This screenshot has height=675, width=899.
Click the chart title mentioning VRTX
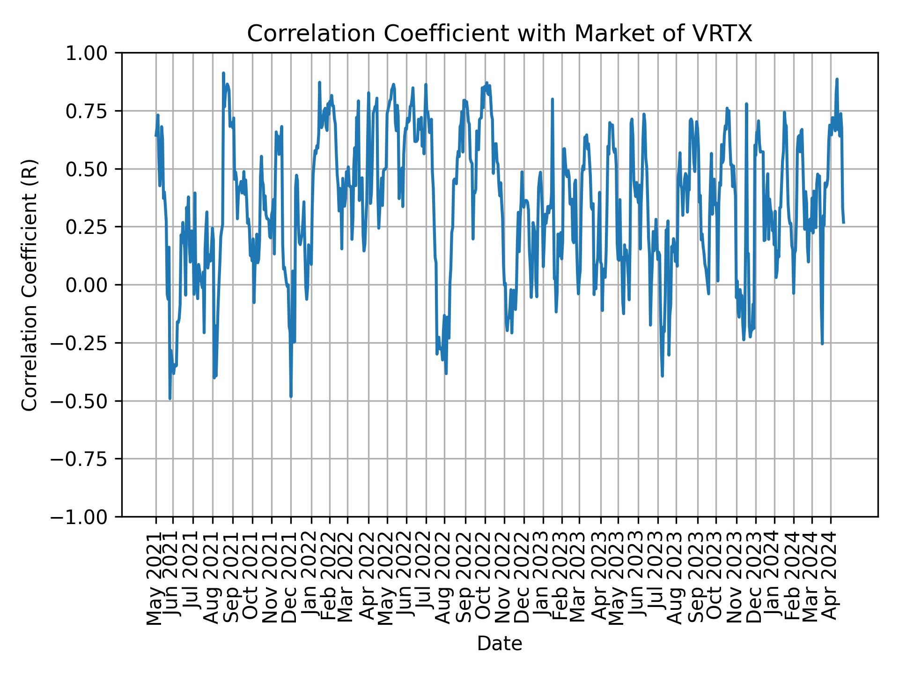(499, 34)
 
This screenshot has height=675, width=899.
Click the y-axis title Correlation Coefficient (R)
(29, 285)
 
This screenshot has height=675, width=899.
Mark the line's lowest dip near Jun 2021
(170, 398)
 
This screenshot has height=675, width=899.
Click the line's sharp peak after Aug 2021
(223, 73)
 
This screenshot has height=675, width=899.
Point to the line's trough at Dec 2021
(291, 397)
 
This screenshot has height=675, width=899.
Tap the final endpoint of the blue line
(843, 222)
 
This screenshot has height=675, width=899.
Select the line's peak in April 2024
(837, 79)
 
